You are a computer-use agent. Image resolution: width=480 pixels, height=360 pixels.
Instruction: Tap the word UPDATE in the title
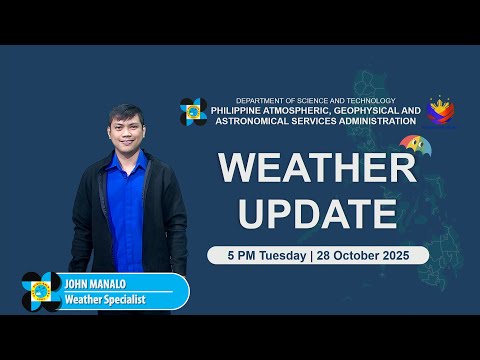[x=317, y=212]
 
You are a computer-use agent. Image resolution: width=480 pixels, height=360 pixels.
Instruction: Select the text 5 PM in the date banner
[x=231, y=255]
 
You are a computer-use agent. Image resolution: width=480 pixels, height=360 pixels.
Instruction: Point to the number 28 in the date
[x=328, y=255]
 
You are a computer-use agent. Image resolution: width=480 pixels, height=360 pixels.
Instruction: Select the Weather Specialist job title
[x=105, y=298]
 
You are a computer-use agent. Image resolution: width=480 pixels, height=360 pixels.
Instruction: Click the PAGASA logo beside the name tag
[x=41, y=291]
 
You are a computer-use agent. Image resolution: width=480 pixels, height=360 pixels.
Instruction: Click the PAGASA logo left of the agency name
[x=193, y=111]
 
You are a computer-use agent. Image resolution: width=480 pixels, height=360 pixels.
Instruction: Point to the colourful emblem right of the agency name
[x=442, y=112]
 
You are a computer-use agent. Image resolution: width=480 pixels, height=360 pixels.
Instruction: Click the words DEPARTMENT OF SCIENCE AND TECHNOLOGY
[x=316, y=101]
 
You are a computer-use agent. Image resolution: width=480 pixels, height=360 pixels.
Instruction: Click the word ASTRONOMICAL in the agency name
[x=249, y=122]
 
